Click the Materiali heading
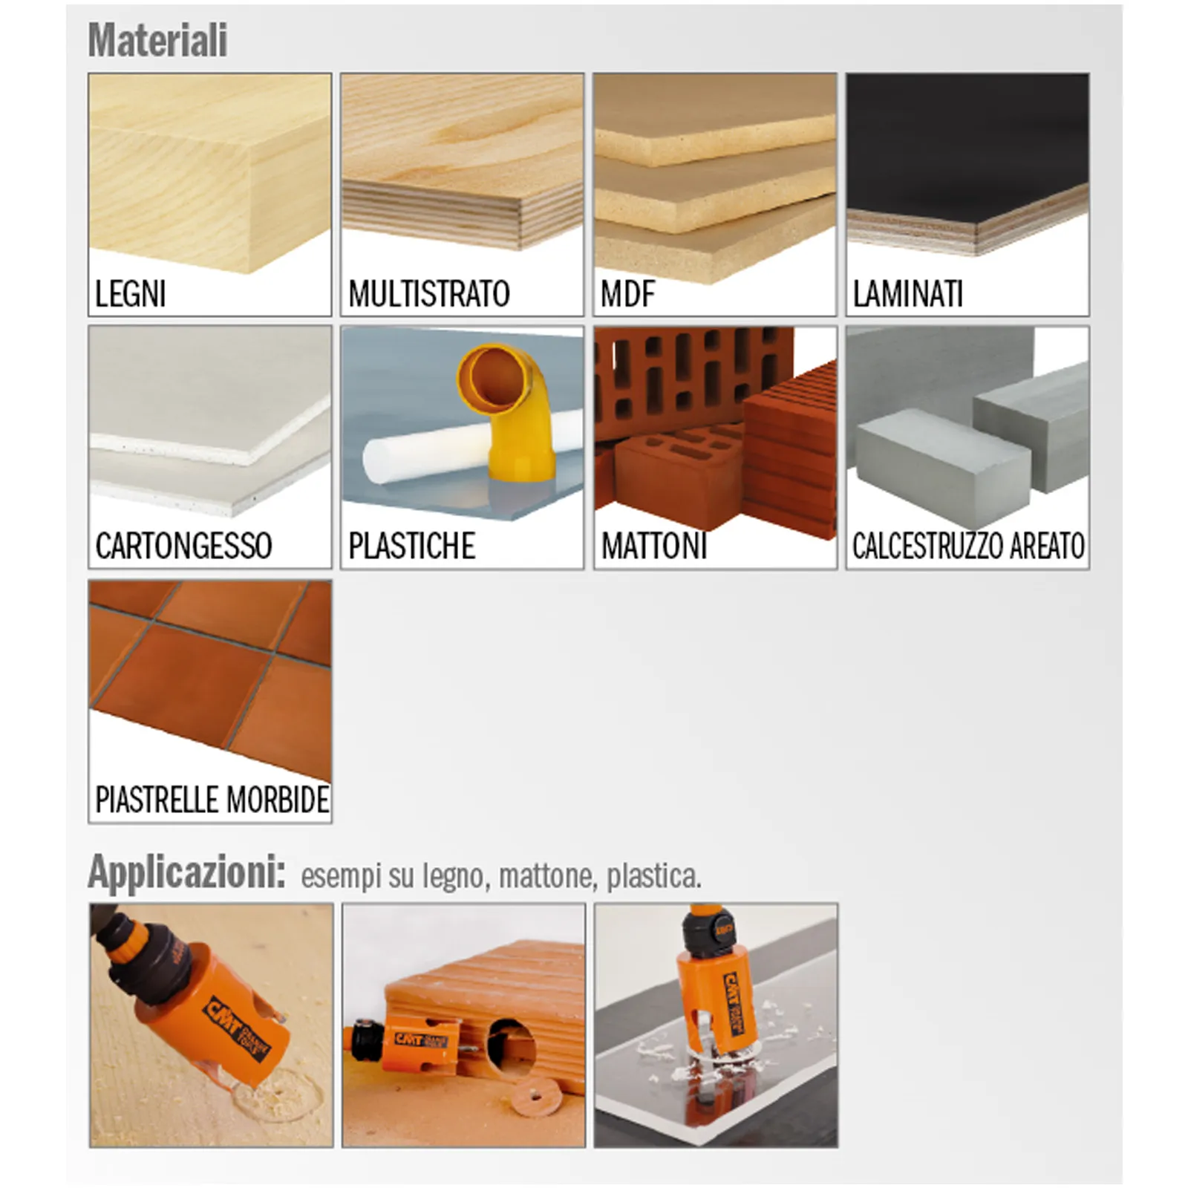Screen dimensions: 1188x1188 [157, 40]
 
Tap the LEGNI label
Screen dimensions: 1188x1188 [131, 293]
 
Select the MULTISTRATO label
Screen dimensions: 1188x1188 [429, 293]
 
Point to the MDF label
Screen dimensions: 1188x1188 [628, 293]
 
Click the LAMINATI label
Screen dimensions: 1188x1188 [907, 293]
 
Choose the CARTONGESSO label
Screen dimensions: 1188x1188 [183, 546]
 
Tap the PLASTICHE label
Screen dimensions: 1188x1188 [411, 546]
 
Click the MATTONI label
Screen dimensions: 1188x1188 [654, 546]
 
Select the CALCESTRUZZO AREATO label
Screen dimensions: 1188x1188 [968, 546]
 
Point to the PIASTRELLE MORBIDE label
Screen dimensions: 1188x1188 [212, 800]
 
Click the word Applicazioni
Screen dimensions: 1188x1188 [186, 872]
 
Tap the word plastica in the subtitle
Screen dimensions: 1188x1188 [653, 876]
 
